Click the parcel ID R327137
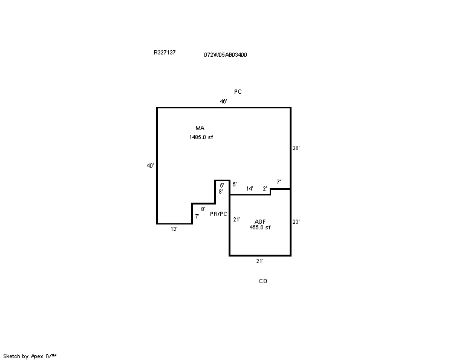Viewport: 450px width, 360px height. pos(165,52)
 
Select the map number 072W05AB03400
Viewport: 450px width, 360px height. pos(225,55)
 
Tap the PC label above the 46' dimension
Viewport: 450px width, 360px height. pos(238,91)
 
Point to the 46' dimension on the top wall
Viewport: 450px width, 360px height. pos(224,101)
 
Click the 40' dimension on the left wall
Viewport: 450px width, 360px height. pos(151,165)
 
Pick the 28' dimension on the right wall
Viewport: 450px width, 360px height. pos(296,148)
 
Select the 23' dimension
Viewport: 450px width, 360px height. pos(296,221)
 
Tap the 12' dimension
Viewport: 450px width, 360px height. pos(174,229)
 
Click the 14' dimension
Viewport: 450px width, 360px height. pos(250,189)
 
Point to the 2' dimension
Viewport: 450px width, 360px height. pos(265,189)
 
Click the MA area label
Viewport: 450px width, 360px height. pos(200,128)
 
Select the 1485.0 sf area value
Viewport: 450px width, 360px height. pos(201,137)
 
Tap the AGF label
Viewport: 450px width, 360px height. pos(260,221)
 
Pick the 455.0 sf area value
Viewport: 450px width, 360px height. pos(260,227)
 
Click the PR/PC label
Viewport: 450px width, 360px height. pos(218,214)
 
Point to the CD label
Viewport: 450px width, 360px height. pos(263,281)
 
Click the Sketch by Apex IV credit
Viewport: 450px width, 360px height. pos(30,356)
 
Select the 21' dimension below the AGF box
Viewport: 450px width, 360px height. pos(259,261)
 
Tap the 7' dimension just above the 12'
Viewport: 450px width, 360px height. pos(197,216)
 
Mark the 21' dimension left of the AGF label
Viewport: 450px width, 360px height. pos(236,220)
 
